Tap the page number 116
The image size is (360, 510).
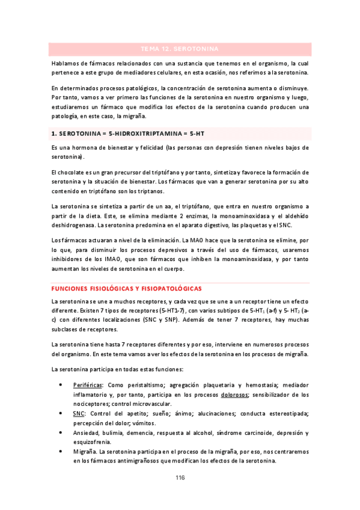click(180, 478)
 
